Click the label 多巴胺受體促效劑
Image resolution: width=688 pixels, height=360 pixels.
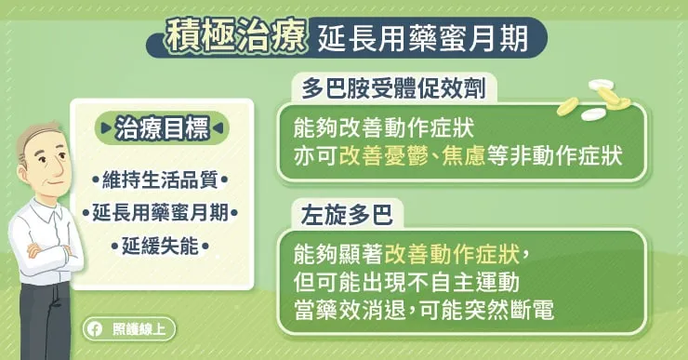click(393, 88)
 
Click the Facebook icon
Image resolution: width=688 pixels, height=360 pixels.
click(94, 328)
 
